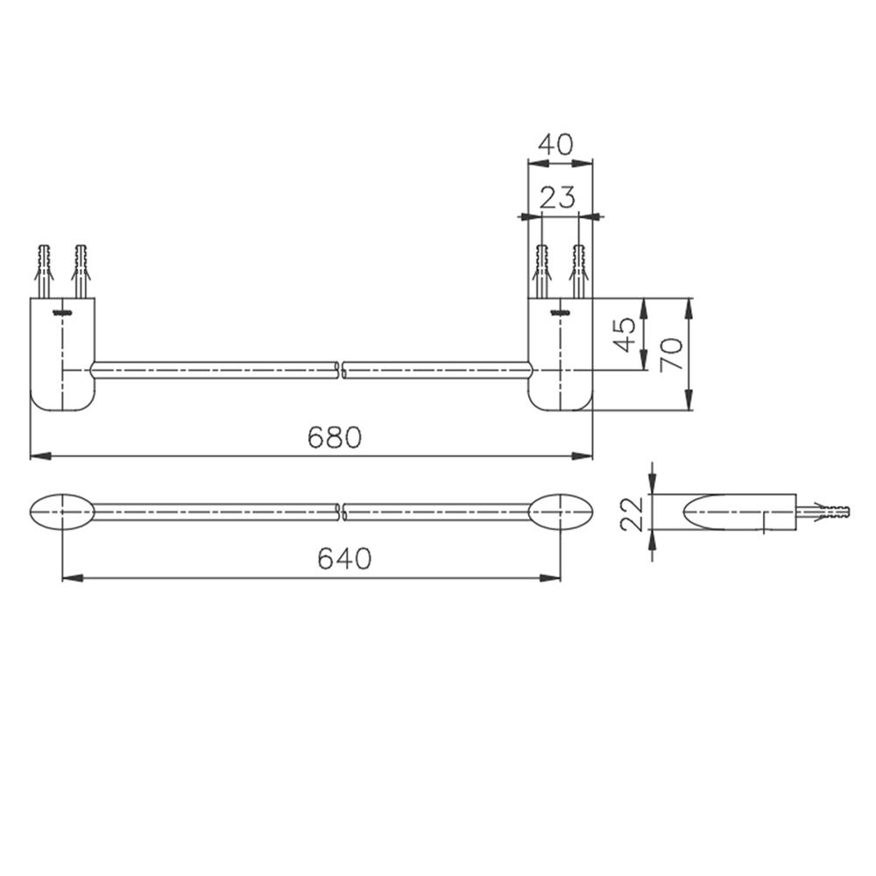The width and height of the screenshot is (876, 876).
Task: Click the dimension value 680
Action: (x=335, y=437)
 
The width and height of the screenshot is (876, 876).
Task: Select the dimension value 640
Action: (x=344, y=558)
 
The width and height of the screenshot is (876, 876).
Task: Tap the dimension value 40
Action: (x=555, y=145)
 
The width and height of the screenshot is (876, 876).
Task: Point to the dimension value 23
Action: (x=557, y=197)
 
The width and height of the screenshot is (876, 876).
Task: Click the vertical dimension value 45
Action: (x=625, y=335)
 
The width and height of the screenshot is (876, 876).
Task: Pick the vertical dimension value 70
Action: (x=671, y=354)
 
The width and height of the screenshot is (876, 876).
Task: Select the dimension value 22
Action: (x=632, y=514)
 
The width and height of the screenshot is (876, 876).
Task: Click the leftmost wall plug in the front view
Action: (x=45, y=272)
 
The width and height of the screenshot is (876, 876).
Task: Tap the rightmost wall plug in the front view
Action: (x=579, y=272)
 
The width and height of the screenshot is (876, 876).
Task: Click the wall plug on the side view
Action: (x=823, y=512)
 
